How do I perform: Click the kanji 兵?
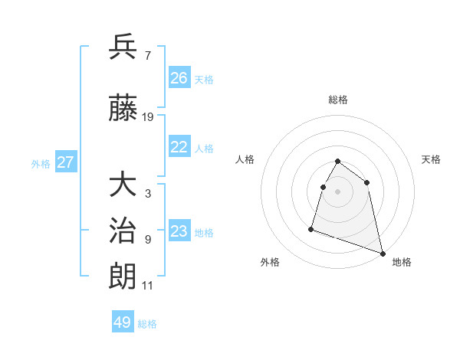click(123, 47)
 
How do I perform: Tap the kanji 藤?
click(123, 108)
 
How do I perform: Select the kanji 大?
click(123, 185)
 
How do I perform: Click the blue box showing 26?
click(179, 78)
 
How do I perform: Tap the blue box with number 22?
click(179, 148)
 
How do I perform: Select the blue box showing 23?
click(179, 232)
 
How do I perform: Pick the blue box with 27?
click(65, 162)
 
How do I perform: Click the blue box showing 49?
click(123, 322)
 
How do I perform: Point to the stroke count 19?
click(148, 117)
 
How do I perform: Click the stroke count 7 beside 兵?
click(147, 55)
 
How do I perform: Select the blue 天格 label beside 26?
click(204, 80)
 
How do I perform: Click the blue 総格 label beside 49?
click(147, 324)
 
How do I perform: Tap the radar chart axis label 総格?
click(338, 100)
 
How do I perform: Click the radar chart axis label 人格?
click(245, 159)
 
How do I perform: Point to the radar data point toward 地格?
click(383, 254)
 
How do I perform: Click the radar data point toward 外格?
click(311, 228)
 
